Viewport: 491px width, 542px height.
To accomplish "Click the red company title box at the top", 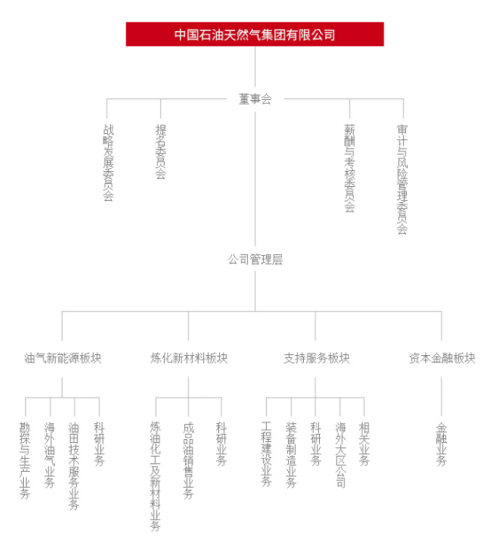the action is point(254,35).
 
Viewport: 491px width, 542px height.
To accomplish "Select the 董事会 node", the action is point(255,99).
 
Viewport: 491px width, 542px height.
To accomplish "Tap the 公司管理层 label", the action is point(255,259).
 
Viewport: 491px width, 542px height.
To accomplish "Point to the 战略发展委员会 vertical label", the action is point(108,162).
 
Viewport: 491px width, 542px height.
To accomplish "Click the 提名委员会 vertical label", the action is point(160,151).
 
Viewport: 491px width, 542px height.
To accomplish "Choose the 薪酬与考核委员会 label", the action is point(349,168).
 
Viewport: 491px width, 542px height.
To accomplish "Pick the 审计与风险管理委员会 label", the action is point(402,179).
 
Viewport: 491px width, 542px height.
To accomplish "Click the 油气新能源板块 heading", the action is point(63,358).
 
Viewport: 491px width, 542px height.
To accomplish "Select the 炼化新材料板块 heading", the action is point(189,358).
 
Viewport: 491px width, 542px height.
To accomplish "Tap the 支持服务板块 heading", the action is point(316,358).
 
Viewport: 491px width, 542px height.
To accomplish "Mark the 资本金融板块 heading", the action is point(442,358).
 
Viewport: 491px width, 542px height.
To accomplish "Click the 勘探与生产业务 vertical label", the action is point(25,461).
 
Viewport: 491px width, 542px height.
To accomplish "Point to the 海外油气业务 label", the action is point(50,455).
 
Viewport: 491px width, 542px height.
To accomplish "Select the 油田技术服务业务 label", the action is point(74,466).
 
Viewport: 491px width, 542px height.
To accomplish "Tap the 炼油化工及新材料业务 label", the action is point(155,476).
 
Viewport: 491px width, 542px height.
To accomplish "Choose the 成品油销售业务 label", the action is point(189,461).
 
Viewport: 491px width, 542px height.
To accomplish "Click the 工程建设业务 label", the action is point(266,454).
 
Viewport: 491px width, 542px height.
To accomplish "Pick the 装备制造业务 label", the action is point(291,455).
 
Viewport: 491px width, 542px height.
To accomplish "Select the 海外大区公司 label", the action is point(340,455).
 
